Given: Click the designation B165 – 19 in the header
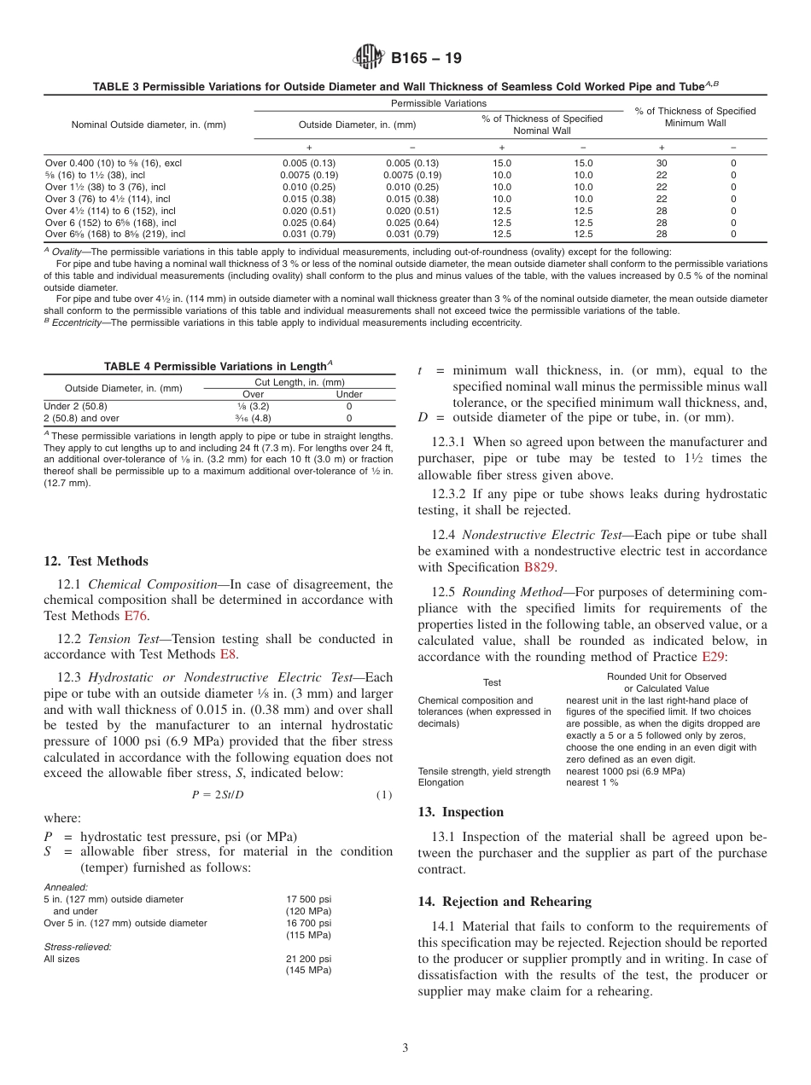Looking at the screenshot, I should click(x=426, y=59).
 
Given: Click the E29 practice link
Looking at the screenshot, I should click(x=713, y=656).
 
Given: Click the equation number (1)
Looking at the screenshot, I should click(x=383, y=795).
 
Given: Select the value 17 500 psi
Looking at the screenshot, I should click(x=308, y=899).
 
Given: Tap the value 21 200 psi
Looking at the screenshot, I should click(x=308, y=959).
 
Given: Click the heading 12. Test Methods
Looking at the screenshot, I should click(x=96, y=561).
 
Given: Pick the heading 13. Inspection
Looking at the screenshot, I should click(x=461, y=812).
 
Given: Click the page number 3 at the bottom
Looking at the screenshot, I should click(x=405, y=1047).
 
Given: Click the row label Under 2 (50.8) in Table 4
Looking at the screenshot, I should click(x=75, y=407).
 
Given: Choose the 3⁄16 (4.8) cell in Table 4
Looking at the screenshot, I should click(x=253, y=419).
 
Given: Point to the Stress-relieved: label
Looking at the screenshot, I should click(x=78, y=947).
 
